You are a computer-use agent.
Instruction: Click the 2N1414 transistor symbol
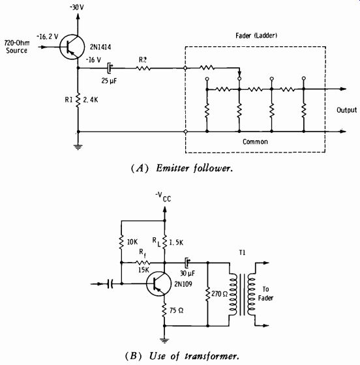(x=72, y=47)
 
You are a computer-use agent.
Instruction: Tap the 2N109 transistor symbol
(x=159, y=284)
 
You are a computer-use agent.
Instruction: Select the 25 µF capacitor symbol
(x=110, y=68)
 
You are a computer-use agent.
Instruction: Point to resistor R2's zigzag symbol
(x=143, y=68)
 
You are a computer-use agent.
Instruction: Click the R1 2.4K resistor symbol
(x=78, y=100)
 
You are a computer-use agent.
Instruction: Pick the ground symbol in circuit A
(x=78, y=147)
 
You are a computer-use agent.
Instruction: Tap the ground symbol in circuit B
(x=164, y=341)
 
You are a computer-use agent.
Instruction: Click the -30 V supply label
(x=76, y=7)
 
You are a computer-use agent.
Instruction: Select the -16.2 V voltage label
(x=47, y=36)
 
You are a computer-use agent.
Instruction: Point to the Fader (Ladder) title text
(x=256, y=36)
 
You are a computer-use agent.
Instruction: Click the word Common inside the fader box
(x=255, y=141)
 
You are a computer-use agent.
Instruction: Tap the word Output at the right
(x=347, y=110)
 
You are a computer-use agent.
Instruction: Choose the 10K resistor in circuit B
(x=121, y=242)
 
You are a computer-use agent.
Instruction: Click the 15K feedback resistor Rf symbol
(x=143, y=263)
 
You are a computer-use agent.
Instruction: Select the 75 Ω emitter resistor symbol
(x=164, y=310)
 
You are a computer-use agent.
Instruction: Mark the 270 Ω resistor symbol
(x=207, y=294)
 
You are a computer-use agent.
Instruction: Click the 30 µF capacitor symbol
(x=187, y=263)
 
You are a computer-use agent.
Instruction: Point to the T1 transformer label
(x=242, y=252)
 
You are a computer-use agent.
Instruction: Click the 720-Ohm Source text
(x=17, y=46)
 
